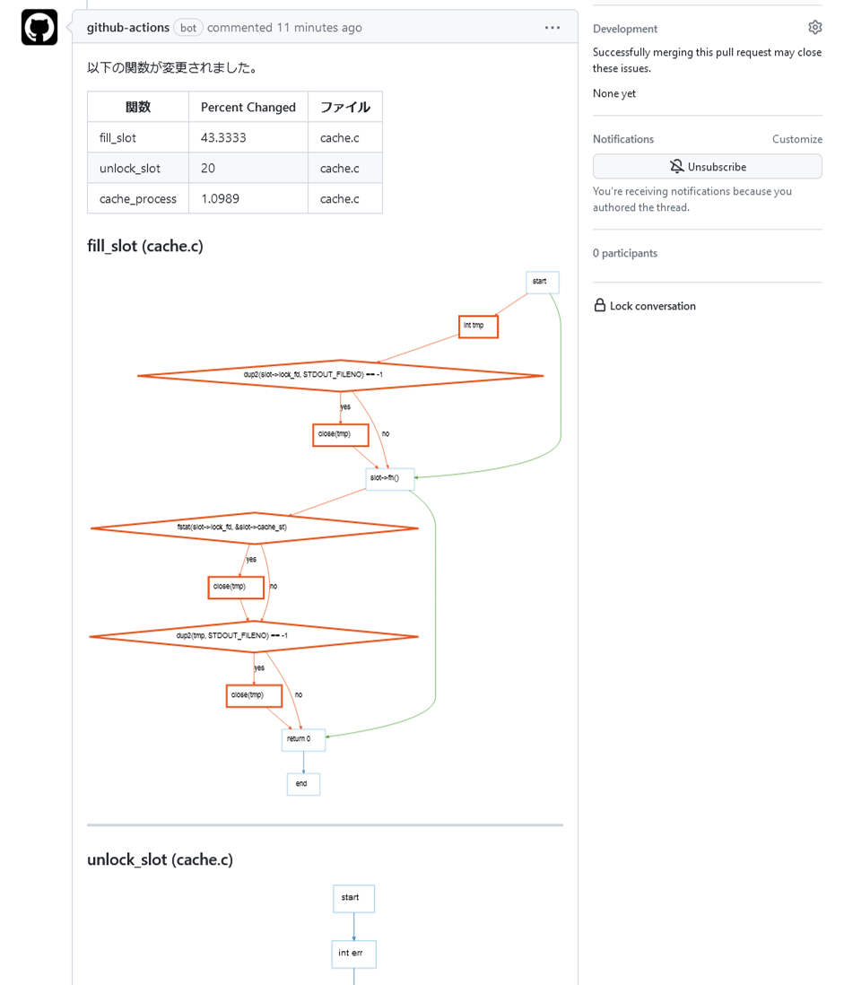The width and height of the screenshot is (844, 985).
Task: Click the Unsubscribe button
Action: (x=707, y=167)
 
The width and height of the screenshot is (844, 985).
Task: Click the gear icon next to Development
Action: (x=814, y=28)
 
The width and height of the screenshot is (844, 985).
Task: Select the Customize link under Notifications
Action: (x=796, y=139)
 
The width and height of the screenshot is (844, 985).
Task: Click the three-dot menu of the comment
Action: (x=553, y=28)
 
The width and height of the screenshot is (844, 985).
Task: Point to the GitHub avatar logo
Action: (x=39, y=28)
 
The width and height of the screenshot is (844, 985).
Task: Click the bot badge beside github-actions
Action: (x=188, y=28)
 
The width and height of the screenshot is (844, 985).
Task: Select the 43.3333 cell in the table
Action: (x=223, y=138)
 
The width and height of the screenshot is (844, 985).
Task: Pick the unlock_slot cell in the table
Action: (x=130, y=169)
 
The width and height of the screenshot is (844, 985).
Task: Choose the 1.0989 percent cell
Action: (x=221, y=199)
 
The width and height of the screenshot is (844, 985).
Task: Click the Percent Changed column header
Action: (x=248, y=108)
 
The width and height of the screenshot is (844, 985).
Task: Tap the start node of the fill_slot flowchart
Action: (x=542, y=283)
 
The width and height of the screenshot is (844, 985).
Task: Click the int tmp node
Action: (x=478, y=327)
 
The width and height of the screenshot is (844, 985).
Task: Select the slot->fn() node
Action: (x=389, y=479)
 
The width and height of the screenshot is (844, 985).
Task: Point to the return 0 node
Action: (x=303, y=740)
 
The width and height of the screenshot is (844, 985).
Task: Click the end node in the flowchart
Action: (x=303, y=784)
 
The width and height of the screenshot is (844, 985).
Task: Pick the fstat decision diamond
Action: (x=254, y=528)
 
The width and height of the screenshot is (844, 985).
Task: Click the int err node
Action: (x=353, y=954)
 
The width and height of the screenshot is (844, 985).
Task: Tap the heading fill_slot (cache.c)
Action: (x=145, y=246)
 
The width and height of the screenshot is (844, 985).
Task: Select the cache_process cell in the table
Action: (x=138, y=199)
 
